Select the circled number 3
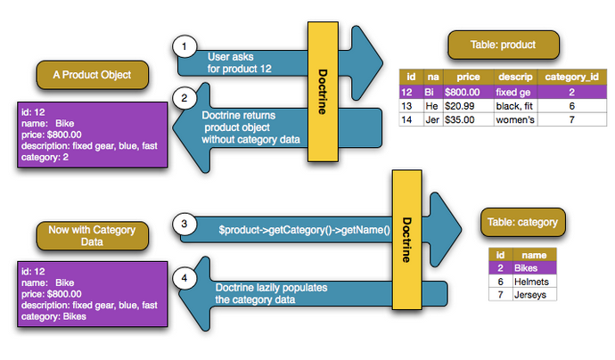(184, 225)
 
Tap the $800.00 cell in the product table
(463, 92)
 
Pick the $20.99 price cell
(462, 105)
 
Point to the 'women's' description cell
(515, 119)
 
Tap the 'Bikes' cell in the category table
(532, 268)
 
